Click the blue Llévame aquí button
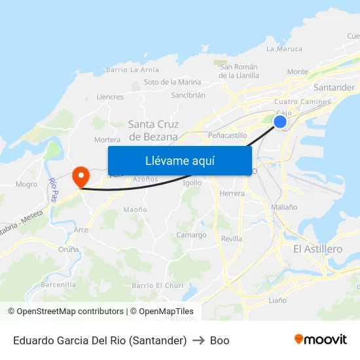[179, 160]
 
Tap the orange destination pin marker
[81, 175]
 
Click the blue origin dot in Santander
[280, 122]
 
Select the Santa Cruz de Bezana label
[153, 130]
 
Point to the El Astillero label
[317, 249]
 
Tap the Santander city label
[334, 87]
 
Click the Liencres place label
[109, 97]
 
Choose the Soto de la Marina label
[172, 82]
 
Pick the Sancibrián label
[188, 95]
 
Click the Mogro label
[26, 185]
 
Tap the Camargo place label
[191, 235]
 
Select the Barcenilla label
[58, 285]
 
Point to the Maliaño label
[284, 207]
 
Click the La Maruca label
[284, 48]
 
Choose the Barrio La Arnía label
[132, 69]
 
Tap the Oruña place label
[69, 249]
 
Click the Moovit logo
[321, 340]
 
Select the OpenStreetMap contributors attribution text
[66, 312]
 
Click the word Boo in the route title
[219, 340]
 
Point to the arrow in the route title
[198, 340]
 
